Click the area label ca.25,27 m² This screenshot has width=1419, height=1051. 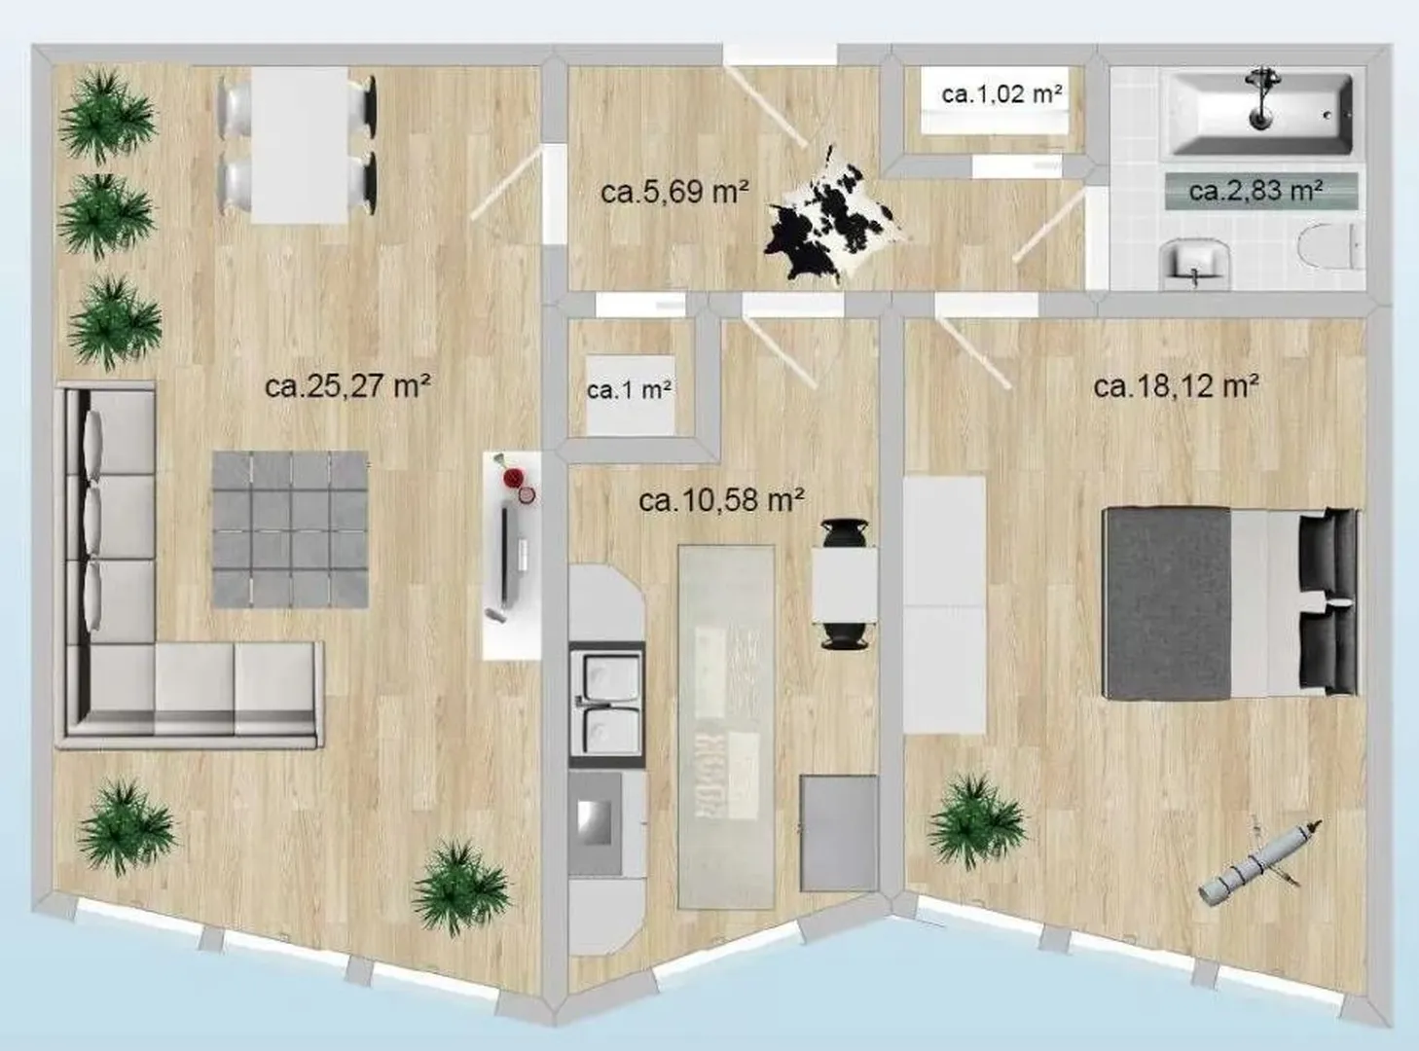pos(347,386)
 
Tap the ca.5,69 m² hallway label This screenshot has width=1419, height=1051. pos(675,192)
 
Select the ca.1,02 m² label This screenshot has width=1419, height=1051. pos(1001,94)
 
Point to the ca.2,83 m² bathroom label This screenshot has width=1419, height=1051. pos(1255,191)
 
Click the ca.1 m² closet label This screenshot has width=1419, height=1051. pos(629,389)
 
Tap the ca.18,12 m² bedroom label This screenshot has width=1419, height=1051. pos(1177,386)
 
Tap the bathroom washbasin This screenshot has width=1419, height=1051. pos(1194,263)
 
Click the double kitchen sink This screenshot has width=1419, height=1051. pos(606,704)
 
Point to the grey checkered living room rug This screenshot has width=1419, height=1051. pos(290,529)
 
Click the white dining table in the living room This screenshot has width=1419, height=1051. pos(300,145)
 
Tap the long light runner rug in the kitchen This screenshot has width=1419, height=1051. pos(727,727)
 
